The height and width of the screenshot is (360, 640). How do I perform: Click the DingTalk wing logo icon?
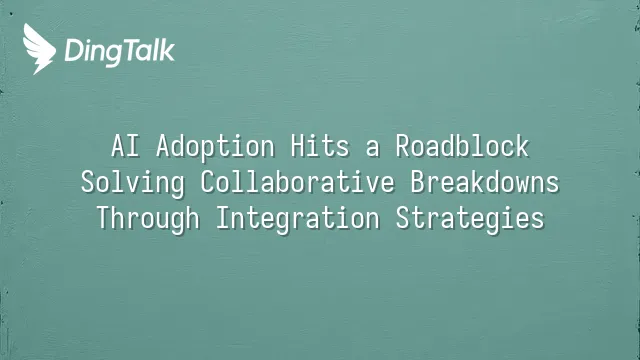point(39,49)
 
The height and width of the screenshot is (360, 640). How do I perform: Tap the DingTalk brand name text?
point(120,52)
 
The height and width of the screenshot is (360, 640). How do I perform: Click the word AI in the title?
point(125,146)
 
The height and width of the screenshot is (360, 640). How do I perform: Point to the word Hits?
point(320,146)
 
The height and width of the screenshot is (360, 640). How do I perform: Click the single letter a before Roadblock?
point(372,149)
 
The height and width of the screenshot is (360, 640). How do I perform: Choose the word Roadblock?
point(462,146)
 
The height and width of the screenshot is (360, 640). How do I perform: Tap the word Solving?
point(133,183)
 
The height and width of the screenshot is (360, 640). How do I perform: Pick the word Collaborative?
point(298,182)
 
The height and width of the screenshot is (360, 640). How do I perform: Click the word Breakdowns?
point(484,182)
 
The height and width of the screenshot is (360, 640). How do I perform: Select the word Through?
point(148,219)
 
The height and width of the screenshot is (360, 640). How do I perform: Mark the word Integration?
point(298,219)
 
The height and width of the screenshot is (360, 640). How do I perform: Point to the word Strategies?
point(470,219)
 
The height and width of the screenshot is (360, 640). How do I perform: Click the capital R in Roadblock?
point(403,146)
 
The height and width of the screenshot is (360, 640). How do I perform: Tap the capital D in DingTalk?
point(73,51)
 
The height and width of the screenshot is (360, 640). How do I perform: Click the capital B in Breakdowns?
point(418,182)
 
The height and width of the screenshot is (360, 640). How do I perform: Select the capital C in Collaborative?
point(208,182)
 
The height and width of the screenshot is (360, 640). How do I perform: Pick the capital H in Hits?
point(298,146)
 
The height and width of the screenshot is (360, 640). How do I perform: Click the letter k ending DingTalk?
point(167,50)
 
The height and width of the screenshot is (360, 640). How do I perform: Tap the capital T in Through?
point(104,218)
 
